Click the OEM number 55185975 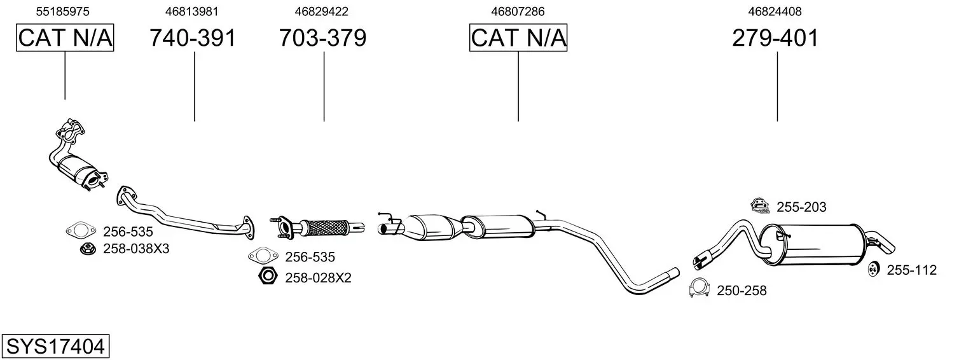pos(62,11)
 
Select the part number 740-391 pos(193,38)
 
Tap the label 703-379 pos(322,38)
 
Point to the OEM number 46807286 pos(518,11)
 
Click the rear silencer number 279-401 pos(775,38)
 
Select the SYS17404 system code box pos(55,347)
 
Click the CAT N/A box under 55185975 pos(65,38)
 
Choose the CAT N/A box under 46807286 pos(518,38)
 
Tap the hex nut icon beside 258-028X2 pos(268,276)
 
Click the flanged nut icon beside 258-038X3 pos(88,249)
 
